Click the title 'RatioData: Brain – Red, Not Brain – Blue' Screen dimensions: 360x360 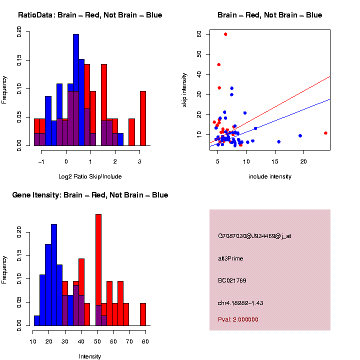click(x=90, y=15)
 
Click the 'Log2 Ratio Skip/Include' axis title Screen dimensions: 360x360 click(x=90, y=176)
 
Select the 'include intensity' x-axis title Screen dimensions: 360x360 click(x=270, y=176)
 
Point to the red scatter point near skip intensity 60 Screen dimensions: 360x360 click(x=225, y=34)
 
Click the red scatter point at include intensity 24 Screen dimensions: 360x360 click(x=325, y=133)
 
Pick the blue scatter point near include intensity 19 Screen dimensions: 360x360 click(x=300, y=135)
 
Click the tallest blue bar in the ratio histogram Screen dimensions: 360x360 click(x=76, y=90)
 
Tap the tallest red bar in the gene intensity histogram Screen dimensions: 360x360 click(x=98, y=270)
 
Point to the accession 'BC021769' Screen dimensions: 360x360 click(x=232, y=280)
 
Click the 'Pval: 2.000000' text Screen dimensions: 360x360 click(x=238, y=319)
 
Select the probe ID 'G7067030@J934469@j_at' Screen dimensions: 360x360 click(x=254, y=236)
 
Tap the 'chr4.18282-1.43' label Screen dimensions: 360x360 click(x=240, y=303)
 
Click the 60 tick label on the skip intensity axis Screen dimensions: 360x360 click(x=198, y=34)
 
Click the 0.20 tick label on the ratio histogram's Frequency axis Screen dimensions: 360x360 click(x=20, y=32)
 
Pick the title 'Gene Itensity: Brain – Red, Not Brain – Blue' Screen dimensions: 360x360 click(x=90, y=195)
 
